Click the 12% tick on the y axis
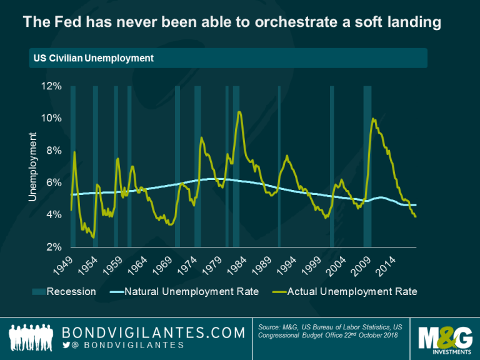click(x=51, y=86)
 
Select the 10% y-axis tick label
click(x=51, y=118)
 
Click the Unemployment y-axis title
click(x=32, y=166)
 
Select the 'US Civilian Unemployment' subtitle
click(x=94, y=58)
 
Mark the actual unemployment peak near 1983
click(x=239, y=112)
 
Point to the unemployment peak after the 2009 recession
click(x=373, y=119)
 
